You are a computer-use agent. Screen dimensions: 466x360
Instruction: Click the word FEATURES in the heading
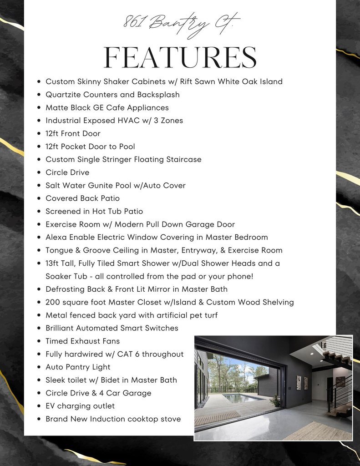(x=180, y=58)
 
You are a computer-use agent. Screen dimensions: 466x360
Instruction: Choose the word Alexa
(x=56, y=237)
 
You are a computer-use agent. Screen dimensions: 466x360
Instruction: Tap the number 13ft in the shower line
(x=53, y=263)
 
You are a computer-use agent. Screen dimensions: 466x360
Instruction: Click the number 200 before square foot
(x=53, y=302)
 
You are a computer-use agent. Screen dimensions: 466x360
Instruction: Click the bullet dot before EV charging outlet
(x=39, y=406)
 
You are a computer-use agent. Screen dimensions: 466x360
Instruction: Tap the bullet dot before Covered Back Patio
(x=39, y=198)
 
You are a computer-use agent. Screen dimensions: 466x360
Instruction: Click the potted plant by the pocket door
(x=275, y=400)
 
